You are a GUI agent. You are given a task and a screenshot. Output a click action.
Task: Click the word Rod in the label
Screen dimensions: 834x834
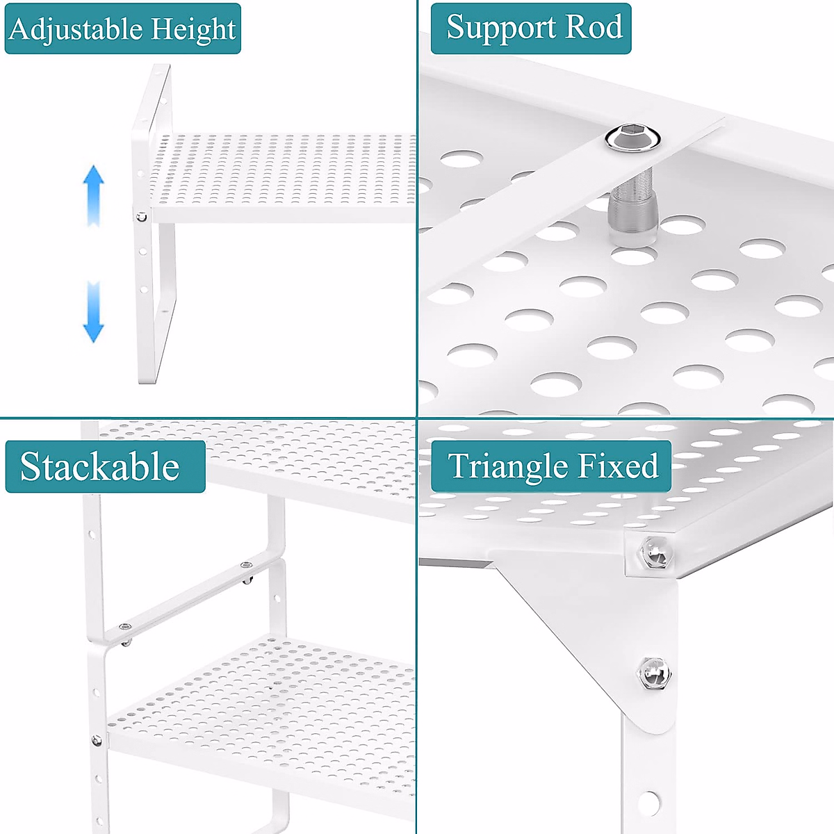click(594, 28)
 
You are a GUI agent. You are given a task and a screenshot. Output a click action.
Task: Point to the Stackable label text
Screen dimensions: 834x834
click(100, 466)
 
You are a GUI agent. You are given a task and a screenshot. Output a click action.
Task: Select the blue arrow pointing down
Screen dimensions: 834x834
click(93, 313)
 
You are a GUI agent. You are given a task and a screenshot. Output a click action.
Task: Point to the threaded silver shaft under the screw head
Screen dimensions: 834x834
click(632, 208)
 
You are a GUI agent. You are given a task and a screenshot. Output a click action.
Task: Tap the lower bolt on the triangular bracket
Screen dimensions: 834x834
click(653, 673)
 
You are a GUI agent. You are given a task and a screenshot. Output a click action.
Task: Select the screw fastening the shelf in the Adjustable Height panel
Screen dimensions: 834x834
click(141, 217)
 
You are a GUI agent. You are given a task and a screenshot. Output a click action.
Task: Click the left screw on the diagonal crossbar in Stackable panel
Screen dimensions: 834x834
click(126, 629)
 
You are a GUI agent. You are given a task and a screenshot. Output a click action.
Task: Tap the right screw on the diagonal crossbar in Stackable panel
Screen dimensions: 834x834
click(247, 566)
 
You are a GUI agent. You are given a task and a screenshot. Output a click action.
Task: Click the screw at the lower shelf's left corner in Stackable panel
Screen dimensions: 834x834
click(97, 741)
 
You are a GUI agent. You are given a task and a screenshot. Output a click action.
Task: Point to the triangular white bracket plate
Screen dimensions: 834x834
click(591, 625)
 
